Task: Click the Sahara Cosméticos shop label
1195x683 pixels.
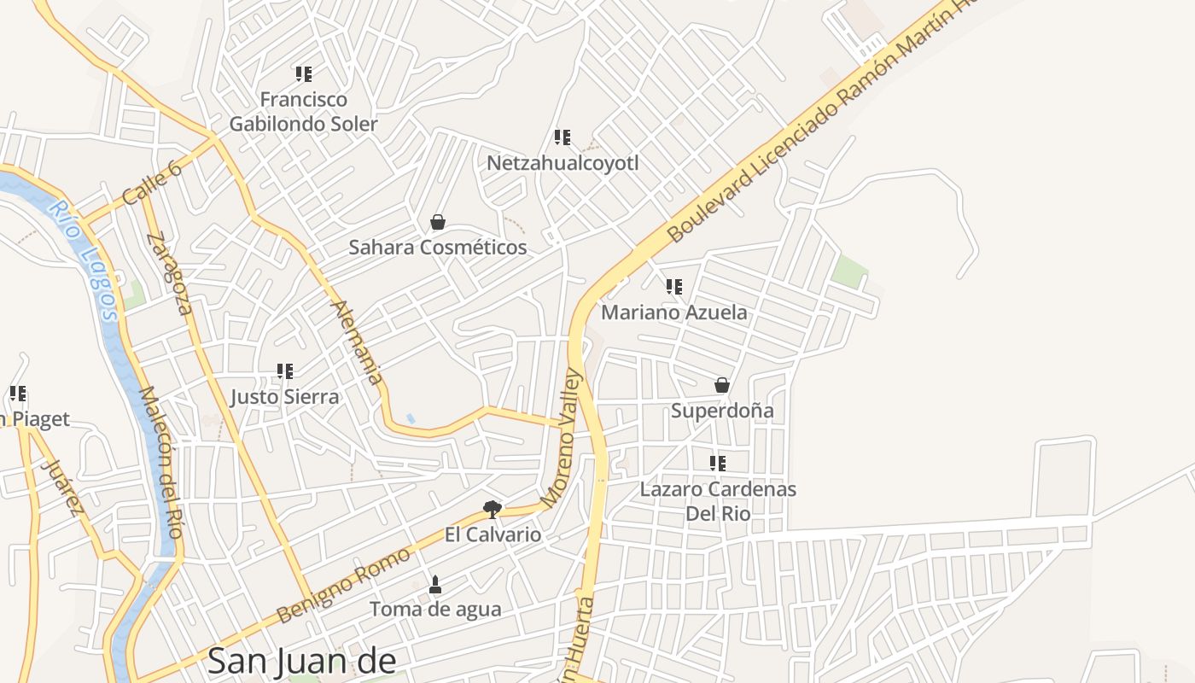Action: point(437,248)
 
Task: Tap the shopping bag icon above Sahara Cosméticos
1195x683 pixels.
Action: point(438,223)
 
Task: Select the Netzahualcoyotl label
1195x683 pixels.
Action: point(563,162)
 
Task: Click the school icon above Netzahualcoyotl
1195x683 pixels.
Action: point(563,137)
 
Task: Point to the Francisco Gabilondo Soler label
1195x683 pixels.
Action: point(303,112)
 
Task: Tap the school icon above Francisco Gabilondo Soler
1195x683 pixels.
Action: point(304,74)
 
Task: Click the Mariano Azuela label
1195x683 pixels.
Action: point(673,312)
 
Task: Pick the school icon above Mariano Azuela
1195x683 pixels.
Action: point(674,287)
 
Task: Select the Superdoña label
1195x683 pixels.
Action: point(722,411)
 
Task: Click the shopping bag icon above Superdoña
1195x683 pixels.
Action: point(722,386)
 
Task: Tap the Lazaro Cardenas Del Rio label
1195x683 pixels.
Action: point(718,501)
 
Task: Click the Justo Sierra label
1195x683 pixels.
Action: point(285,397)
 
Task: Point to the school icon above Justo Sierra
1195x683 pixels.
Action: point(285,371)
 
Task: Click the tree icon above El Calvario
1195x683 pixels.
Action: point(493,510)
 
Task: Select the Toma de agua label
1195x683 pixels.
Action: point(435,610)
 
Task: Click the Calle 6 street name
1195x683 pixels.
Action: point(153,183)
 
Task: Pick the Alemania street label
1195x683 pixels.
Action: point(357,341)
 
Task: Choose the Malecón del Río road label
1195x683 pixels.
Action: point(160,462)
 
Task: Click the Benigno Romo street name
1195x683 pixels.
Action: point(343,586)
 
